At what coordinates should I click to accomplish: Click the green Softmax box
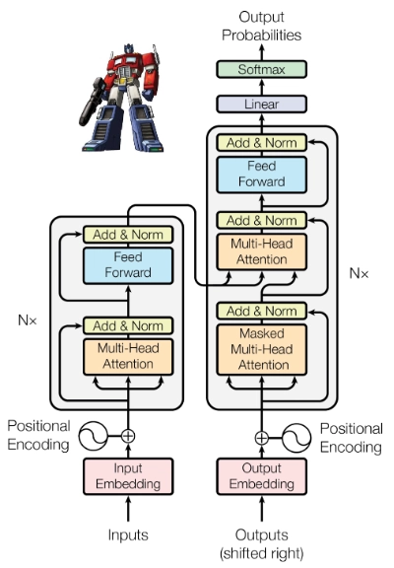tap(261, 69)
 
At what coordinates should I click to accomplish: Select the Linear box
tap(261, 104)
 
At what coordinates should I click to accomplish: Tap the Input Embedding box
tap(128, 476)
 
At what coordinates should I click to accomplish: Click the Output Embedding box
tap(261, 476)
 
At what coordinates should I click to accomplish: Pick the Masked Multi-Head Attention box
tap(261, 349)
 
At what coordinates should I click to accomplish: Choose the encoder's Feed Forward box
tap(128, 265)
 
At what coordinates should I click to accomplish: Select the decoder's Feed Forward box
tap(261, 175)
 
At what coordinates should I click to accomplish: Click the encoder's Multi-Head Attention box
tap(128, 357)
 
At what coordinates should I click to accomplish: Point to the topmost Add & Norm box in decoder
tap(261, 143)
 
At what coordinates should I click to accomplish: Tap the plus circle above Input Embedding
tap(128, 436)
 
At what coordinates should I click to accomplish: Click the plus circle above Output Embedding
tap(262, 438)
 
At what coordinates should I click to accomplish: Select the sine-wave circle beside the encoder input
tap(94, 436)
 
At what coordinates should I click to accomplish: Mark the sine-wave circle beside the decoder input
tap(296, 438)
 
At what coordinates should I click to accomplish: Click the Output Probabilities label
tap(261, 26)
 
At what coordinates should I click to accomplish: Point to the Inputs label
tap(128, 534)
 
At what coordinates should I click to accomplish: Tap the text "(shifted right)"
tap(261, 553)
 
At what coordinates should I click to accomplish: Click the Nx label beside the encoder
tap(28, 320)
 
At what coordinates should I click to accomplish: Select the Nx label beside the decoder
tap(359, 273)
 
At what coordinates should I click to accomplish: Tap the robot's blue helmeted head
tap(129, 49)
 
